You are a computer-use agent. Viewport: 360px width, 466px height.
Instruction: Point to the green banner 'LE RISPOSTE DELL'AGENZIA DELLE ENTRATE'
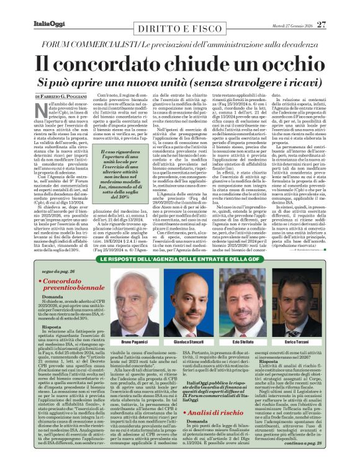179,258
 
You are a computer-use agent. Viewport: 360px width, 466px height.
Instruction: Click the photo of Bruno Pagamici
134,302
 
